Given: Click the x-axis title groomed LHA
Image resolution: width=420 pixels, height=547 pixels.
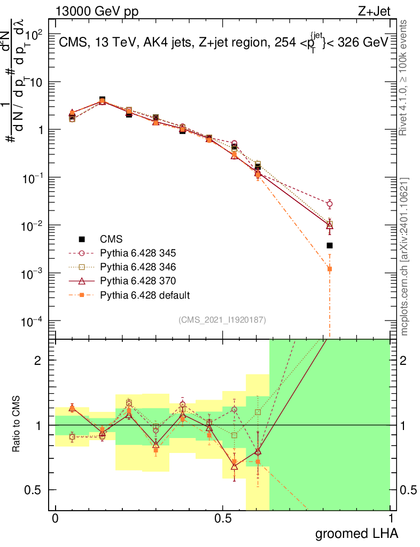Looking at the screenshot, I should (x=356, y=533).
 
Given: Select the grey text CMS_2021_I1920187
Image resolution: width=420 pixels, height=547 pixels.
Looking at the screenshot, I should (x=222, y=319).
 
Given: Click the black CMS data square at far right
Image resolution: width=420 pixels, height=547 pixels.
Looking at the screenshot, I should (x=330, y=246).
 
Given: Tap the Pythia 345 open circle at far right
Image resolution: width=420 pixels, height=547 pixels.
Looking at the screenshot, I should (x=330, y=204).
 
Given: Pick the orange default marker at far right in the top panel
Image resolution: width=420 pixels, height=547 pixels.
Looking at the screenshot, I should (x=330, y=269).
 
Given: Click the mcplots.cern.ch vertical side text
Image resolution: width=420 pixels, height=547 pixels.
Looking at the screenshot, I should (x=405, y=256).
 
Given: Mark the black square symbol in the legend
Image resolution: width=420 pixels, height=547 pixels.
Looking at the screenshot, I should (x=82, y=239).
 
